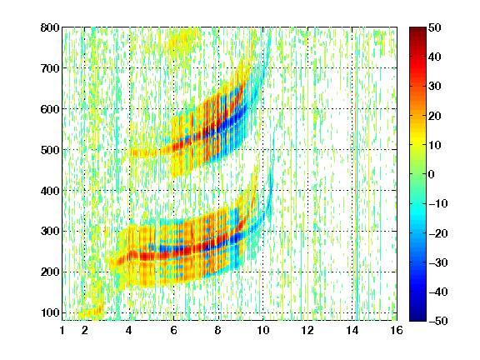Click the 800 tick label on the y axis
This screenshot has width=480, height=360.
click(x=50, y=27)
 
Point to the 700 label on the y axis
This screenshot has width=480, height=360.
click(x=50, y=68)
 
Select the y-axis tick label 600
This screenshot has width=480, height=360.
click(x=50, y=109)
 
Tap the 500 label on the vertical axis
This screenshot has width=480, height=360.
click(x=50, y=150)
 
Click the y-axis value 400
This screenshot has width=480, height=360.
click(x=50, y=191)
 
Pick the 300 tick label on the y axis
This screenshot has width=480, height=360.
click(x=50, y=231)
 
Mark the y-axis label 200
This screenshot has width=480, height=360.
click(x=50, y=272)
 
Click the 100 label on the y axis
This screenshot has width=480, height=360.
click(x=50, y=312)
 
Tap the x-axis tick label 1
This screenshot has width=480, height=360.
click(x=62, y=330)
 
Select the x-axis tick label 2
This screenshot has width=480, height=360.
click(x=85, y=330)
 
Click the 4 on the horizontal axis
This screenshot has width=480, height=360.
click(x=129, y=330)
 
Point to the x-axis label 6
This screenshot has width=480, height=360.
click(x=173, y=330)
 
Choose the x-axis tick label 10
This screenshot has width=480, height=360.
click(x=262, y=330)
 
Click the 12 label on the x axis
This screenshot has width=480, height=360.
click(x=307, y=330)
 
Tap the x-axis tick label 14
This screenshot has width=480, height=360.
click(x=352, y=330)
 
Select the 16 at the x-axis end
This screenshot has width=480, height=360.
click(x=397, y=330)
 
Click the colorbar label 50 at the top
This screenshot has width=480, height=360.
click(x=435, y=27)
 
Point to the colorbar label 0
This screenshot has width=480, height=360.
click(x=432, y=174)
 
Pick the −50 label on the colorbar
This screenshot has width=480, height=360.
click(x=438, y=321)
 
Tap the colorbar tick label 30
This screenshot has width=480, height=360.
click(x=435, y=87)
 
